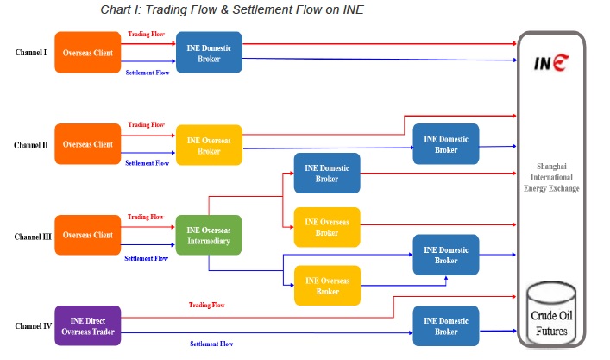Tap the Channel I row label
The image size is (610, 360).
coord(32,53)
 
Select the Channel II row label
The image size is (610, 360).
coord(32,145)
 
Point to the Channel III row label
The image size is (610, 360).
coord(32,235)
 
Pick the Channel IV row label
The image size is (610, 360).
coord(32,326)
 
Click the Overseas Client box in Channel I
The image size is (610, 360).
coord(87,53)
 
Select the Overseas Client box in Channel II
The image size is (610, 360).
coord(87,145)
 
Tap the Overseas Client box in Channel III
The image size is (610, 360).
coord(87,235)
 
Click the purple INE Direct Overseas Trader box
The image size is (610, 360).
coord(87,326)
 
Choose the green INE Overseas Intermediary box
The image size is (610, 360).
coord(209,235)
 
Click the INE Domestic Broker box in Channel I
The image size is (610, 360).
coord(209,53)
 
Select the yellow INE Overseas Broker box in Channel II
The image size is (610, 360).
coord(209,145)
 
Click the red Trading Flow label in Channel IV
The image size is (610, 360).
coord(206,305)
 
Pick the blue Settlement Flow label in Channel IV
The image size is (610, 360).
coord(211,344)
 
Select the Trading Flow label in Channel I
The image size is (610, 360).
coord(146,35)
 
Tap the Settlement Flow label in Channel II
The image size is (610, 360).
coord(146,163)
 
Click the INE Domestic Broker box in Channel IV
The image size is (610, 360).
coord(445,326)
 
